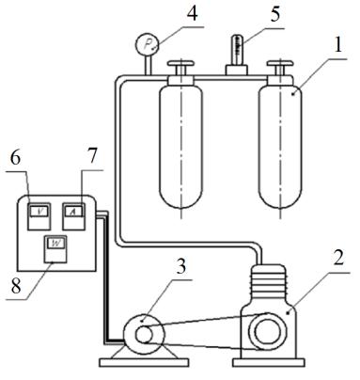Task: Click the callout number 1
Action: tap(337, 45)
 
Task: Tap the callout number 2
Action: tap(337, 259)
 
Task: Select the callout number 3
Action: tap(180, 266)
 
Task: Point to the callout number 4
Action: tap(192, 13)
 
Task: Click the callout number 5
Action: tap(274, 14)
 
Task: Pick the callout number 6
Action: tap(15, 158)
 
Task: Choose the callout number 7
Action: tap(91, 155)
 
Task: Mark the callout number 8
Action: tap(16, 285)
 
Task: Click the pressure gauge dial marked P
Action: tap(148, 45)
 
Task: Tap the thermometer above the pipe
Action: tap(238, 50)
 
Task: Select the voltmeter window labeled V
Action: tap(39, 212)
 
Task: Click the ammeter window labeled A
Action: tap(73, 212)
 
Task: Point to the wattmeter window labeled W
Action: tap(55, 243)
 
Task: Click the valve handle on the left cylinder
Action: tap(180, 64)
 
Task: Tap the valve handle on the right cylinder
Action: tap(280, 64)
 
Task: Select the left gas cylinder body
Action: tap(180, 148)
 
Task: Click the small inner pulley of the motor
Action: tap(144, 335)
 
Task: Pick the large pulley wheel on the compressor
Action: tap(267, 331)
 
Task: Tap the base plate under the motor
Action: tap(144, 363)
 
